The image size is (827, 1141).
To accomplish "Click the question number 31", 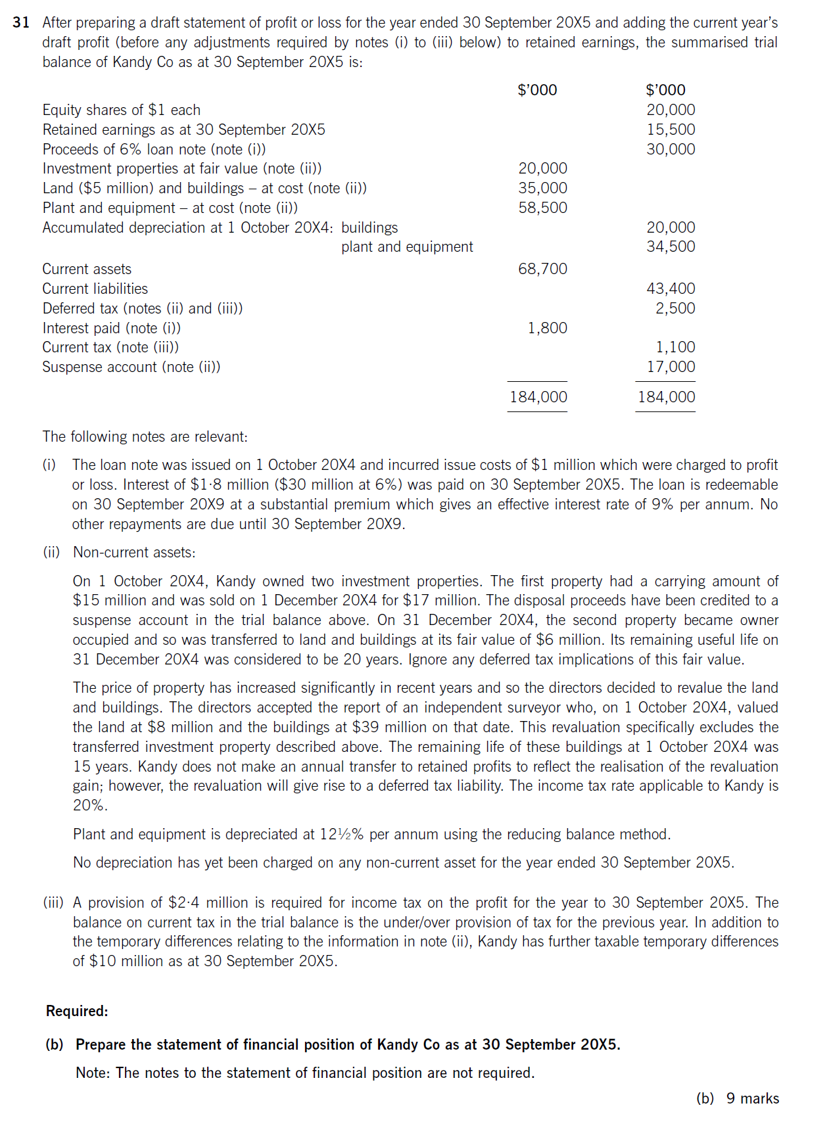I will pyautogui.click(x=21, y=22).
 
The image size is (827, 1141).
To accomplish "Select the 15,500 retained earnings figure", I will pyautogui.click(x=670, y=129).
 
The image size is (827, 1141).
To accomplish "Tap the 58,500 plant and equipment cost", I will pyautogui.click(x=542, y=208).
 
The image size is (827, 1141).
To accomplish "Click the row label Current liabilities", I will pyautogui.click(x=95, y=289).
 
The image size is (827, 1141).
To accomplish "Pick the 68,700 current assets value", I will pyautogui.click(x=542, y=269).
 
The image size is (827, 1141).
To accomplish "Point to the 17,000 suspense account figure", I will pyautogui.click(x=670, y=367).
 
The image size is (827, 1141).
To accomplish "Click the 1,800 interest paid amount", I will pyautogui.click(x=547, y=328).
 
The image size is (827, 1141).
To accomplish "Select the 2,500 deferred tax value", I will pyautogui.click(x=674, y=308).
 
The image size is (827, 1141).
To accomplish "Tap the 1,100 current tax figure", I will pyautogui.click(x=674, y=347).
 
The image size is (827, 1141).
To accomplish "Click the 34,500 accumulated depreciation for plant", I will pyautogui.click(x=670, y=246).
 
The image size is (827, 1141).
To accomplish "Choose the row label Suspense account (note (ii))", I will pyautogui.click(x=131, y=367).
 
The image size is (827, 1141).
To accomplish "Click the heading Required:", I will pyautogui.click(x=77, y=1011).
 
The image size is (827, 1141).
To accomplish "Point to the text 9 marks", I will pyautogui.click(x=752, y=1098).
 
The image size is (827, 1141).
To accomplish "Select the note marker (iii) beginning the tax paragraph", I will pyautogui.click(x=53, y=902).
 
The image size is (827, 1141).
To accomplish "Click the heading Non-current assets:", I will pyautogui.click(x=134, y=552).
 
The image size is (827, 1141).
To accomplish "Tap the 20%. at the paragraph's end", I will pyautogui.click(x=90, y=805).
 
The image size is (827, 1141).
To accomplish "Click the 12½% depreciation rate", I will pyautogui.click(x=341, y=834).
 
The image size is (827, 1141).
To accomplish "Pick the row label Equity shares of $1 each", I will pyautogui.click(x=122, y=110).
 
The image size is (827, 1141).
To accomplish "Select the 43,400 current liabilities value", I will pyautogui.click(x=670, y=289).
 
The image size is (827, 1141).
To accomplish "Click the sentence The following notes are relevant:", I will pyautogui.click(x=145, y=436).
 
